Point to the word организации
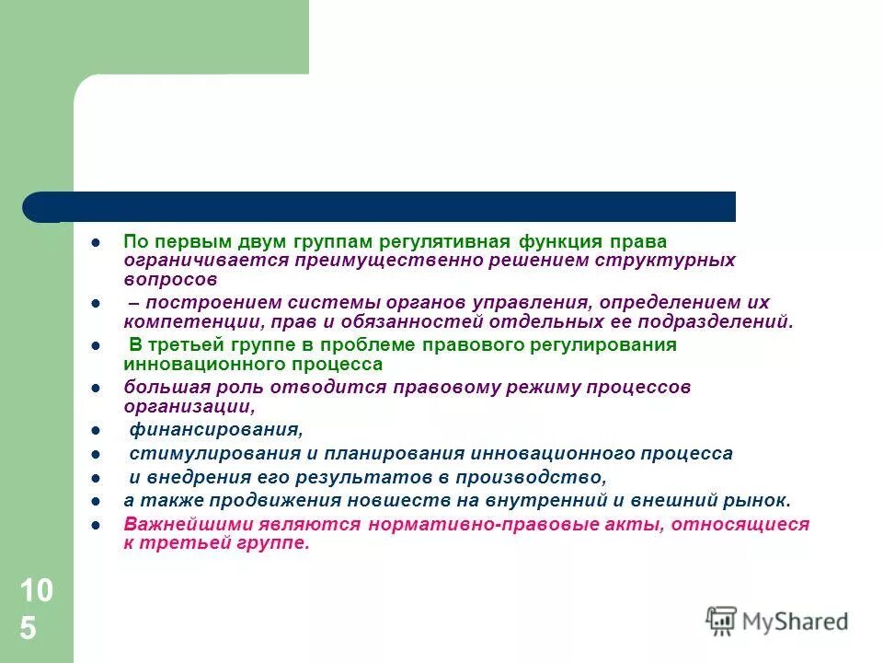point(189,405)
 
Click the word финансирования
point(215,430)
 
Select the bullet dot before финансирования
point(95,430)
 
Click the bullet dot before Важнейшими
point(95,525)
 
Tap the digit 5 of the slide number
point(28,629)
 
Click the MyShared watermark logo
point(777,621)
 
